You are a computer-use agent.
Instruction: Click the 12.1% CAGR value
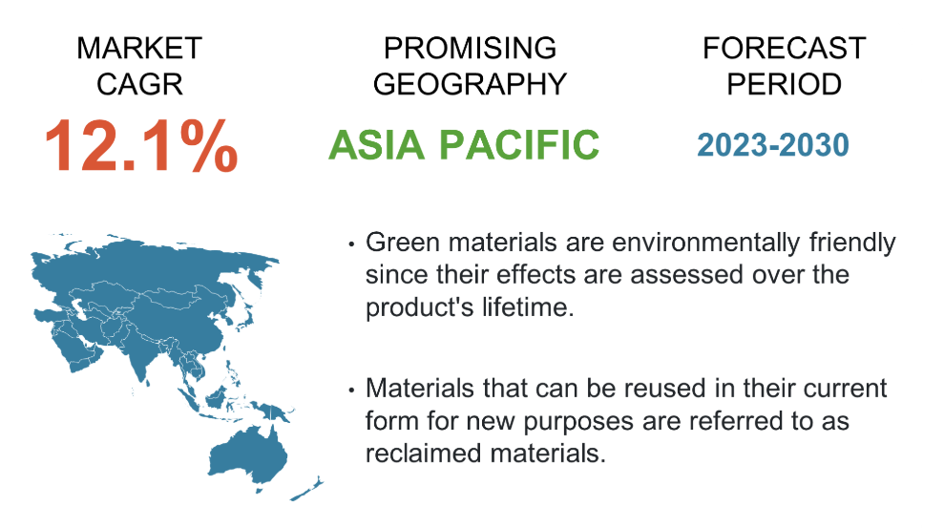point(141,146)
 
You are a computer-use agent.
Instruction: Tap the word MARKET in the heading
point(139,48)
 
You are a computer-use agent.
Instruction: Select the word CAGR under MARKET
point(139,84)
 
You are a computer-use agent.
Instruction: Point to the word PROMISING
point(470,48)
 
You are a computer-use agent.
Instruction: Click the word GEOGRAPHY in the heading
point(470,84)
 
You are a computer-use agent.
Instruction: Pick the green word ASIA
point(376,145)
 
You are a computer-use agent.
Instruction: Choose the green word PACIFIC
point(519,145)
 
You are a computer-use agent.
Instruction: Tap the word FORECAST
point(784,48)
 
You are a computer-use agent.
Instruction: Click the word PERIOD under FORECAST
point(784,84)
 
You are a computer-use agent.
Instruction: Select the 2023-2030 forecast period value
point(773,145)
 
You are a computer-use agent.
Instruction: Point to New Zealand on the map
point(307,489)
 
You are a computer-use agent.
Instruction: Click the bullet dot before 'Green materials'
point(351,243)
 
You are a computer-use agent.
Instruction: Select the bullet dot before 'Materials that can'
point(351,391)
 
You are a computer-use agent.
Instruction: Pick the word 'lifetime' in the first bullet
point(528,307)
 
